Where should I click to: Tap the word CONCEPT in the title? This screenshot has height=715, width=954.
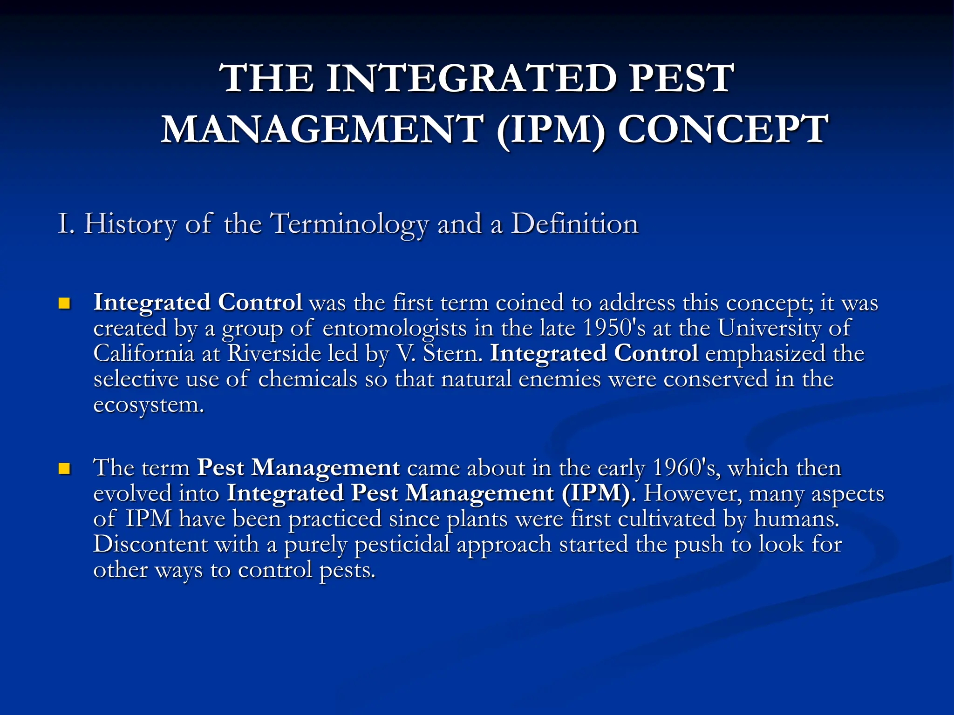click(x=722, y=129)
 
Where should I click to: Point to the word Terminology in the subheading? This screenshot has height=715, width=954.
click(x=350, y=224)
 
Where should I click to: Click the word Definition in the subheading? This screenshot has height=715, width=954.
click(x=574, y=223)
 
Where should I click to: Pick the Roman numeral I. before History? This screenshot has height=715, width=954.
click(x=66, y=224)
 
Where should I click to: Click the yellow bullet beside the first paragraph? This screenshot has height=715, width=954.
click(x=64, y=304)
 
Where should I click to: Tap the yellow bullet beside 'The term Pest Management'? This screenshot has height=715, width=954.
click(x=64, y=468)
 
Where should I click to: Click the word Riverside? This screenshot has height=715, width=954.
click(x=274, y=353)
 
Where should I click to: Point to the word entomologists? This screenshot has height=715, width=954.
click(x=394, y=329)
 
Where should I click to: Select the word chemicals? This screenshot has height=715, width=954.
click(x=307, y=379)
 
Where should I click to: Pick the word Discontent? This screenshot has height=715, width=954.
click(x=150, y=544)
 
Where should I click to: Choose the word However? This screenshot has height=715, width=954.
click(x=692, y=493)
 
